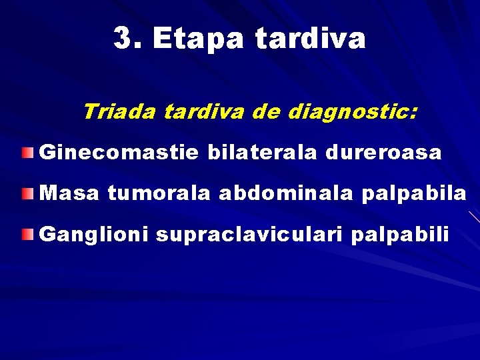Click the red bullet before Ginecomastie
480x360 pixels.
coord(25,154)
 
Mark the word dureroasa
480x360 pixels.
coord(383,153)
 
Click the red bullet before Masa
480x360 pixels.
coord(25,195)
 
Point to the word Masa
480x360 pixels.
coord(70,194)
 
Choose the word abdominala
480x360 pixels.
coord(287,194)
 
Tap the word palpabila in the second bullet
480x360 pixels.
coord(414,195)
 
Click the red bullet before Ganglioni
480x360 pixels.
coord(25,235)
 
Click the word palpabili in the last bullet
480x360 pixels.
coord(408,235)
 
